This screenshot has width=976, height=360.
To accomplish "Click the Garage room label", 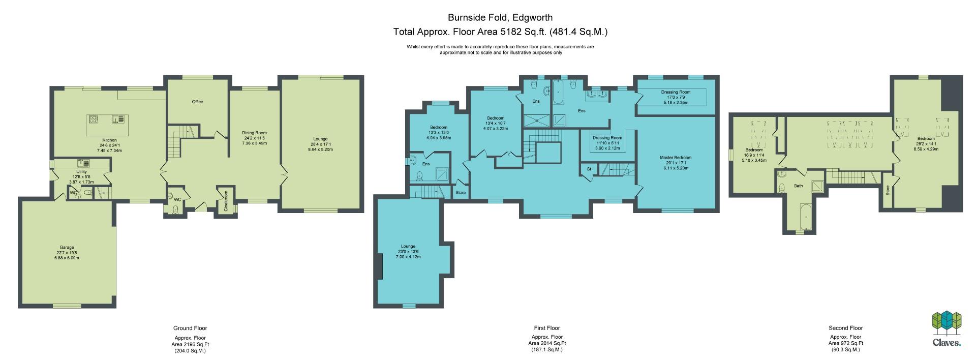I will point(68,248).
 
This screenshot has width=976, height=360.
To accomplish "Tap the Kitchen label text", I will point(109,140).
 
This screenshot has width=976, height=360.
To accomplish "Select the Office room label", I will point(197,102).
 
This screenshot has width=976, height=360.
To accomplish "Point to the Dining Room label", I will point(254,133).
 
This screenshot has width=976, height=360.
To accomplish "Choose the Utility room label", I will point(81,172).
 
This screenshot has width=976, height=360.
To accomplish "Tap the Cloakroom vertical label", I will point(226,201).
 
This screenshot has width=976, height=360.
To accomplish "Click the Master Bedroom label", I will point(676,158).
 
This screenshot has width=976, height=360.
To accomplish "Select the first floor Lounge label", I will point(408,247).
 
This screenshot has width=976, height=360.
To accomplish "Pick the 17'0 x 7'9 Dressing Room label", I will point(676,93).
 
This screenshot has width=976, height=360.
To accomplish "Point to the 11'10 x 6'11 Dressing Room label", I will point(607,138).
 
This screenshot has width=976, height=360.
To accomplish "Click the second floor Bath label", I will point(799,186).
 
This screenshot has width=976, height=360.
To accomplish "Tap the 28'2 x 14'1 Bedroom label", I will point(926,139).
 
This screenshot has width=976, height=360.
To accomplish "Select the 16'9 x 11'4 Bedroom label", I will point(754,150).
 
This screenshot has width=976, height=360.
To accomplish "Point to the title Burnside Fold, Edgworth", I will point(500,17).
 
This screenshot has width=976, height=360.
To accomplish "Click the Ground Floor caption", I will point(190,328).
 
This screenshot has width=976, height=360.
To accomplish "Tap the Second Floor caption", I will point(845,328).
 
